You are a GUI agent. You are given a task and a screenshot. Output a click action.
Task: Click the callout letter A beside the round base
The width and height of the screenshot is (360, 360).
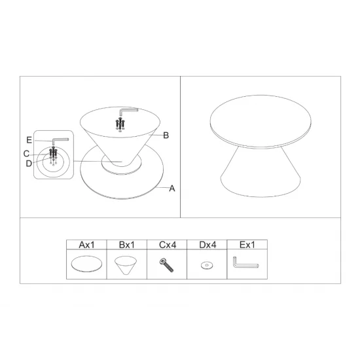172,189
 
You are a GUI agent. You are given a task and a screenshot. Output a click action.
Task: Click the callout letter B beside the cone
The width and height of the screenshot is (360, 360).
166,135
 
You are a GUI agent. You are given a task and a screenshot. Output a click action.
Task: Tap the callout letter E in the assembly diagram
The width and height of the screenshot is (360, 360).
29,140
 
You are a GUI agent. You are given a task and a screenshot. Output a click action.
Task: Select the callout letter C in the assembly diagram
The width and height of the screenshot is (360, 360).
26,154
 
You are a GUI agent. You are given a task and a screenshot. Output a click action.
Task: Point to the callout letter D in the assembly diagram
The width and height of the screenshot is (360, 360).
29,164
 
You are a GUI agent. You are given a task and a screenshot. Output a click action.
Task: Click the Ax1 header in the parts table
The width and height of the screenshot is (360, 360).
86,245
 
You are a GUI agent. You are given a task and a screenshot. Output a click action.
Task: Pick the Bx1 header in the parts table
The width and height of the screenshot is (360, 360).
127,245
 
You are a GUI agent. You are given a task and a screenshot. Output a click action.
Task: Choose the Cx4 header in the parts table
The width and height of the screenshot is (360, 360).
168,245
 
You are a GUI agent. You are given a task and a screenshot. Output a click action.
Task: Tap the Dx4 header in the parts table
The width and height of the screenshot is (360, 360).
207,245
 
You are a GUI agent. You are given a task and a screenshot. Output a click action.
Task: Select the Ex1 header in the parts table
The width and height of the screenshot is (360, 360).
247,245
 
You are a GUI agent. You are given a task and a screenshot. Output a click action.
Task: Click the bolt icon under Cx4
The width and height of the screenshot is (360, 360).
166,265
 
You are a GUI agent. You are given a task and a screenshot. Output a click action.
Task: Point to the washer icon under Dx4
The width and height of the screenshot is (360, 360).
207,265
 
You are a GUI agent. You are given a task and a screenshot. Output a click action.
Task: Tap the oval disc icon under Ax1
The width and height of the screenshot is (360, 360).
86,264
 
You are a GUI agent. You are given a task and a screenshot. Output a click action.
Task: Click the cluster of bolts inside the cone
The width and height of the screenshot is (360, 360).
120,124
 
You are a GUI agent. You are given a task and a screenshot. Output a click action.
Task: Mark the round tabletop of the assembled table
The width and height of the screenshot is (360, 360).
261,122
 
